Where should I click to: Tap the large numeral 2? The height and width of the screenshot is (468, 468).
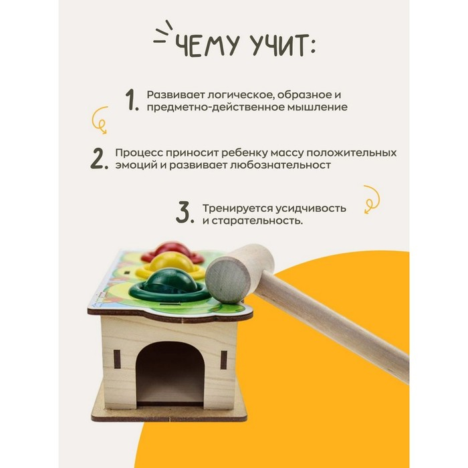pyautogui.click(x=98, y=158)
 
